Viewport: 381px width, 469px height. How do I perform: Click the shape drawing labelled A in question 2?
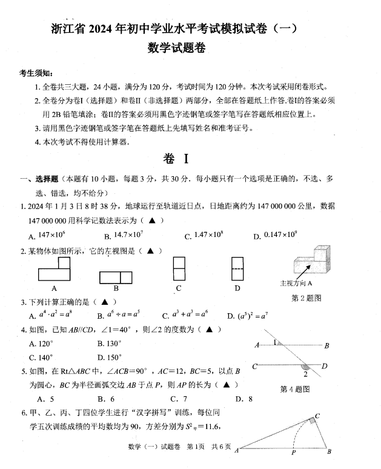coord(55,268)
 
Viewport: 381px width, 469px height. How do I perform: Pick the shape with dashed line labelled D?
coord(237,268)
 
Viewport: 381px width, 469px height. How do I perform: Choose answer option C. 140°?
coord(41,358)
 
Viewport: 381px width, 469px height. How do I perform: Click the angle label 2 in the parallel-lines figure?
coord(305,374)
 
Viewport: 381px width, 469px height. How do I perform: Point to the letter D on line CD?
coord(325,365)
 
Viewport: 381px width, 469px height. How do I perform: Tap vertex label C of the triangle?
coord(317,418)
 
